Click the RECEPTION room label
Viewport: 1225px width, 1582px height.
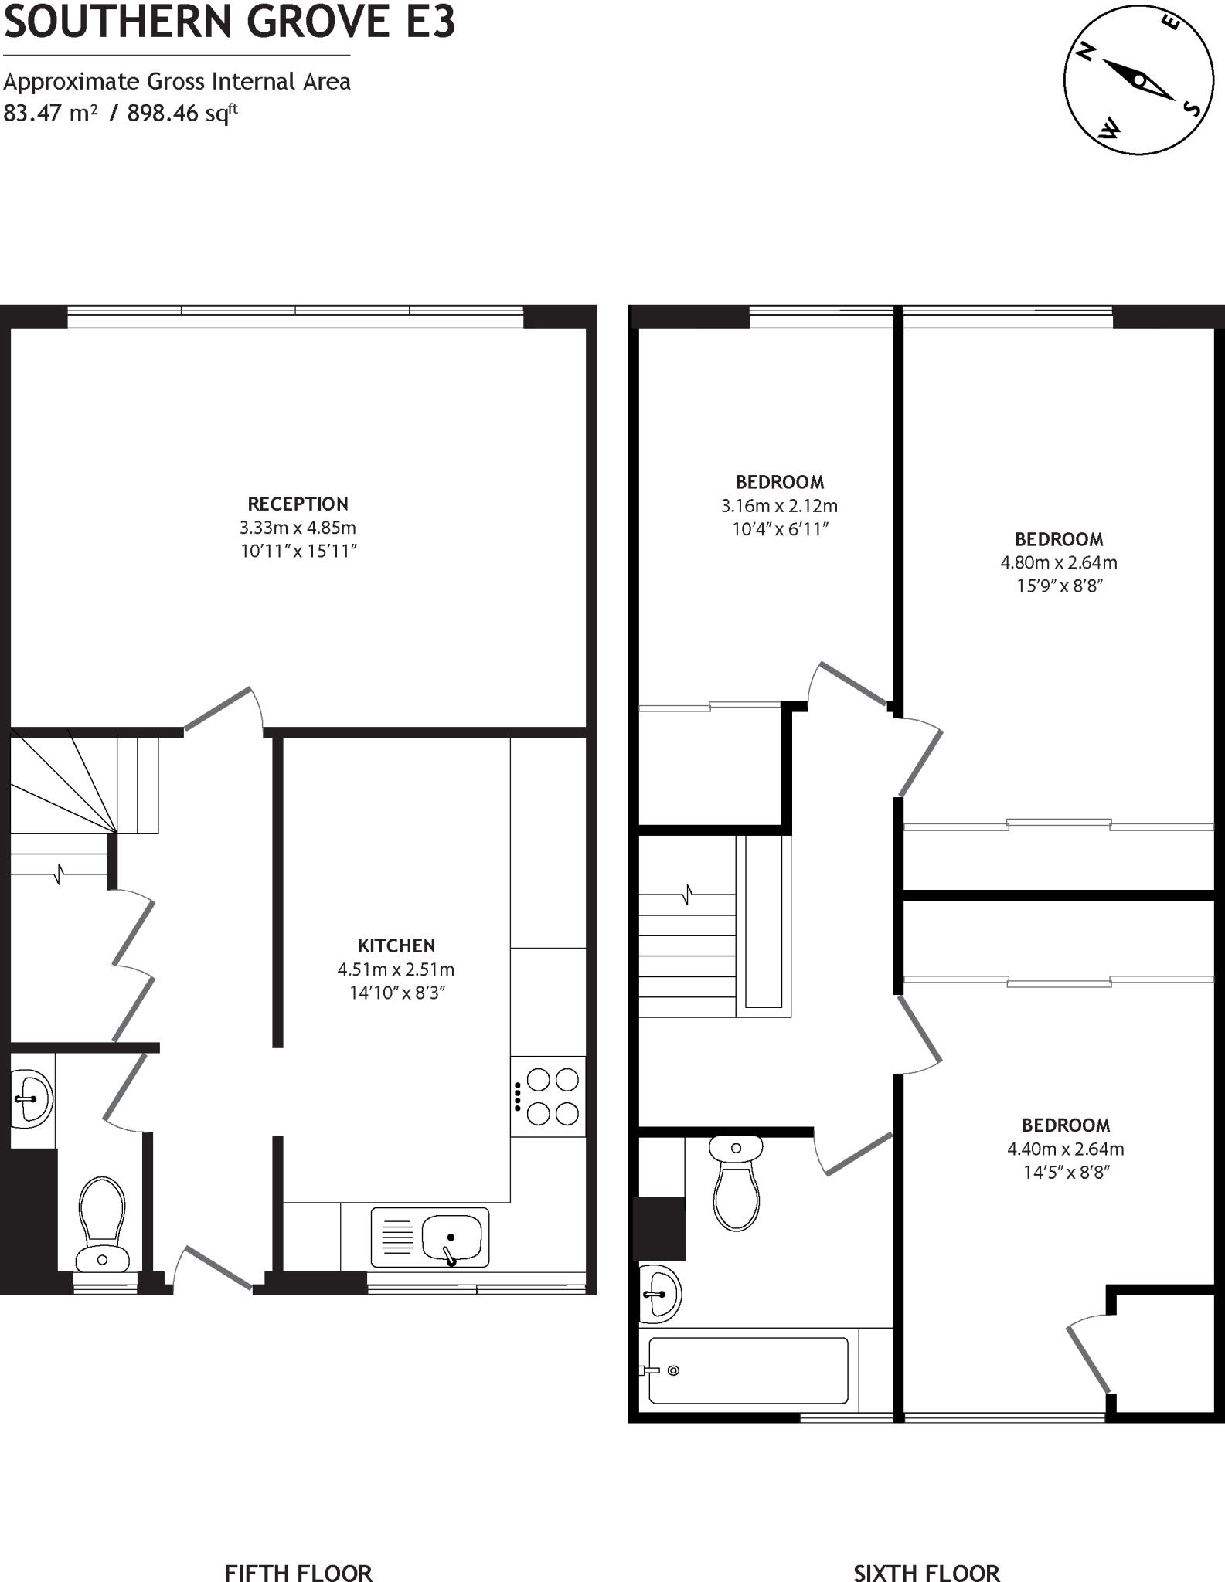tap(298, 504)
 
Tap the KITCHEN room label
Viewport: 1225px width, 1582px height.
tap(396, 945)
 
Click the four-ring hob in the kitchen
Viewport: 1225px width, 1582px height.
tap(552, 1096)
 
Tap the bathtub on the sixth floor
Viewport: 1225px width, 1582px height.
tap(747, 1370)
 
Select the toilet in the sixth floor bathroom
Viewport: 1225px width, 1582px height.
tap(736, 1183)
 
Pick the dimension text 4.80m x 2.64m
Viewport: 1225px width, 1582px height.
tap(1059, 563)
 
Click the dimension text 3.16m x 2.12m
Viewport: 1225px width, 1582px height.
tap(779, 506)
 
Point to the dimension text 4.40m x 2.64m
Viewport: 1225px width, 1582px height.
tap(1065, 1149)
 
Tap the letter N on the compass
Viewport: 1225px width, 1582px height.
tap(1086, 53)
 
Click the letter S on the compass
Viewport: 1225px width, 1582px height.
tap(1193, 108)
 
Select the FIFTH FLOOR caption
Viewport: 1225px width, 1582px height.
tap(298, 1572)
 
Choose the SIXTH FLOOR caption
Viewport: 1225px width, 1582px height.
tap(926, 1572)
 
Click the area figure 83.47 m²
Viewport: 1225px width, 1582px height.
tap(50, 114)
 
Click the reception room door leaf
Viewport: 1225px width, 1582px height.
tap(218, 708)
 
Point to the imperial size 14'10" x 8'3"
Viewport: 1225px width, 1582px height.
tap(396, 993)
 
